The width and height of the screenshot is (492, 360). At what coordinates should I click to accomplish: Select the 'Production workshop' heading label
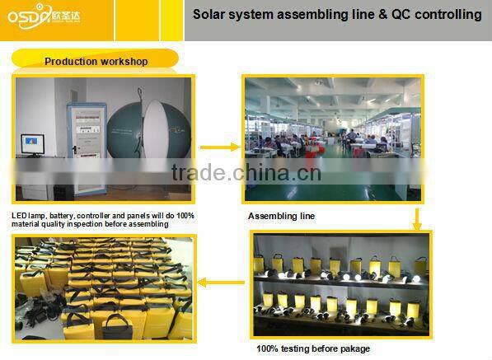[x=96, y=62]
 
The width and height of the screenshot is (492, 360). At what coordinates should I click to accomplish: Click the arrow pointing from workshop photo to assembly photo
[x=218, y=147]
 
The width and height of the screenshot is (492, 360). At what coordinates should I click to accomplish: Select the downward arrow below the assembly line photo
[x=417, y=217]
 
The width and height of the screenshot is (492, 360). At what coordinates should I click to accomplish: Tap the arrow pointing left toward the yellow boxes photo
[x=220, y=283]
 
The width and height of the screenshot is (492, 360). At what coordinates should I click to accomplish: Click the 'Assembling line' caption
[x=281, y=216]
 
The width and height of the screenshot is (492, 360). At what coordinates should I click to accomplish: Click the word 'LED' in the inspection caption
[x=19, y=215]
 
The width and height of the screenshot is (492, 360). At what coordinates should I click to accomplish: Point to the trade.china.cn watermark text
[x=246, y=173]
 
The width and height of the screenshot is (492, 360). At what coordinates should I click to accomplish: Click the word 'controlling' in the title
[x=449, y=15]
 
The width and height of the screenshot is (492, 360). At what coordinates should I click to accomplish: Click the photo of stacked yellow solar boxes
[x=103, y=288]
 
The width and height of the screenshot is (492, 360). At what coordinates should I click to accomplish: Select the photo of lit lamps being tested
[x=341, y=284]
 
